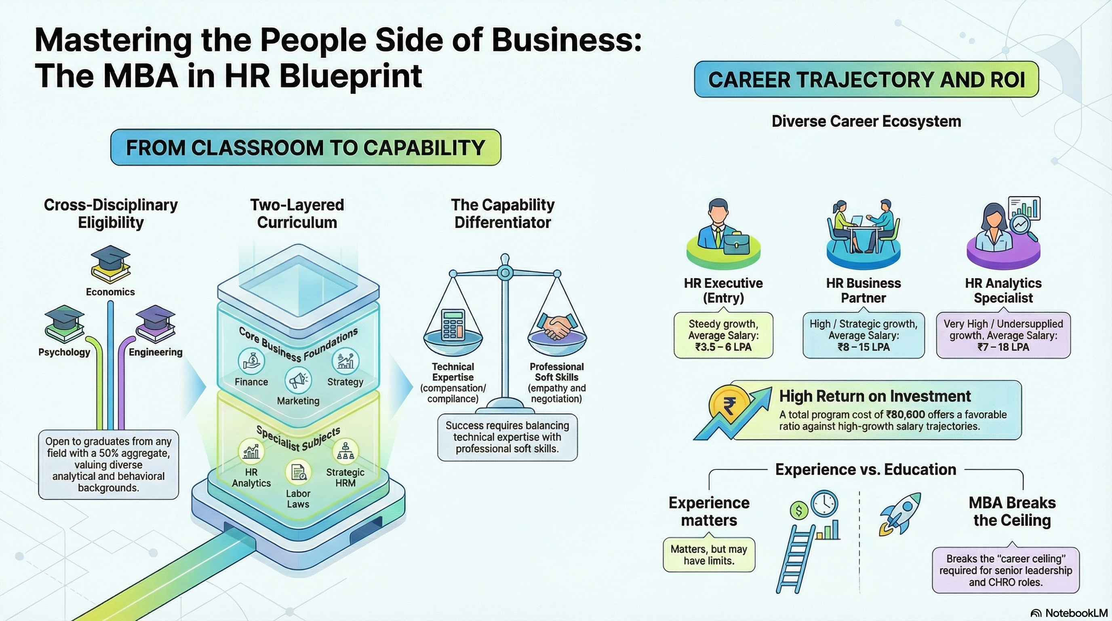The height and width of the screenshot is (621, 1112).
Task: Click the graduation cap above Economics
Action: (x=110, y=264)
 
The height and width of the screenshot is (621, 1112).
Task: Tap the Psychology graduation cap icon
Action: (x=64, y=323)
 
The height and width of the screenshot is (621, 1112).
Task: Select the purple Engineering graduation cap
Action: (x=156, y=323)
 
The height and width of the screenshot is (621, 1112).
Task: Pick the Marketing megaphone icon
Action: (x=298, y=380)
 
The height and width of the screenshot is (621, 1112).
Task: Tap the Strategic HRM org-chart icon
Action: (x=345, y=451)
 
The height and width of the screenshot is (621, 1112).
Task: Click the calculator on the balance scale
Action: (x=453, y=325)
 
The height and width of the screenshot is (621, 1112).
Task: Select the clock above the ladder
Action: (x=824, y=503)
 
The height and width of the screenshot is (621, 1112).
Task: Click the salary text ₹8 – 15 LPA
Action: (x=863, y=347)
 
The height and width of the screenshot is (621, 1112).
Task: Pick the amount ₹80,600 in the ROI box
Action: (x=905, y=414)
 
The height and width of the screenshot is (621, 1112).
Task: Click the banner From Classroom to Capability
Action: (x=305, y=147)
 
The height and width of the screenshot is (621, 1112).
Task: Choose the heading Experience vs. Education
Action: (x=866, y=469)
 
